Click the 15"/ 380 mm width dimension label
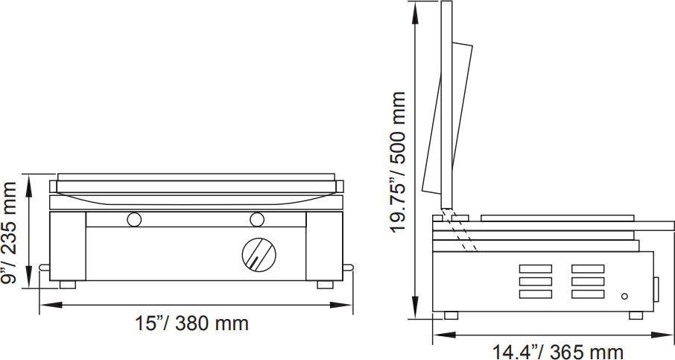[x=191, y=323]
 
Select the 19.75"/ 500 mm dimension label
[x=399, y=162]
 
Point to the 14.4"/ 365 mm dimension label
[x=557, y=350]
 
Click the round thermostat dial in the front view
[x=259, y=253]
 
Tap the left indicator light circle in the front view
[x=135, y=219]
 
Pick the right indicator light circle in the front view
[x=258, y=219]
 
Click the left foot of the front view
[x=67, y=284]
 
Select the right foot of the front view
[x=326, y=284]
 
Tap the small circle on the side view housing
[x=624, y=296]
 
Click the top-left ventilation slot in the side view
[x=535, y=268]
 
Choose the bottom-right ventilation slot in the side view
[x=588, y=294]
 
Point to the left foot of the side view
[x=450, y=315]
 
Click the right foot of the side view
[x=636, y=315]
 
